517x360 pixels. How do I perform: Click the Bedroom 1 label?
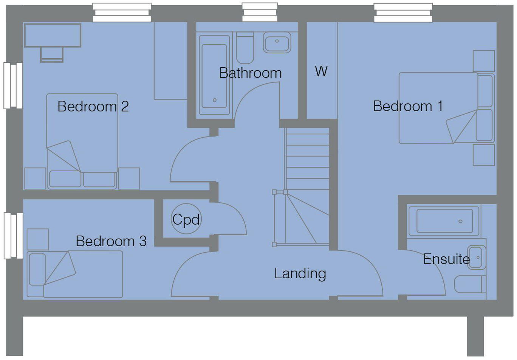point(407,106)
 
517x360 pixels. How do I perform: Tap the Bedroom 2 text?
point(93,107)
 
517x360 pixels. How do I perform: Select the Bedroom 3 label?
point(111,241)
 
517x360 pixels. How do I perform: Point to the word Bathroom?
point(250,73)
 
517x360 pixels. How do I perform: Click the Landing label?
point(300,273)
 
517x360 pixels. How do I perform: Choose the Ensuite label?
point(446,259)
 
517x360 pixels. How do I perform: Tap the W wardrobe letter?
point(321,71)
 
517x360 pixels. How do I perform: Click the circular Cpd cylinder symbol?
point(186,219)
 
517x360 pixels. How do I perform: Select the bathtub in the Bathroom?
point(214,76)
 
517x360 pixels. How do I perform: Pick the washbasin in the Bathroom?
point(277,42)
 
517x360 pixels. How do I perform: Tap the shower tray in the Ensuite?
point(444,221)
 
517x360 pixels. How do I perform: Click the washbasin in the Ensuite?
point(477,258)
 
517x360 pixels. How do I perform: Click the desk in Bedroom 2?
point(53,36)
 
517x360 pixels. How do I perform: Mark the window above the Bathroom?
point(259,12)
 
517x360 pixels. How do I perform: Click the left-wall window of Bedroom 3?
point(13,236)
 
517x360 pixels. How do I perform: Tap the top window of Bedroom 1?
point(403,12)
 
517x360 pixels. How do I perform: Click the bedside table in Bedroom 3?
point(37,239)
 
